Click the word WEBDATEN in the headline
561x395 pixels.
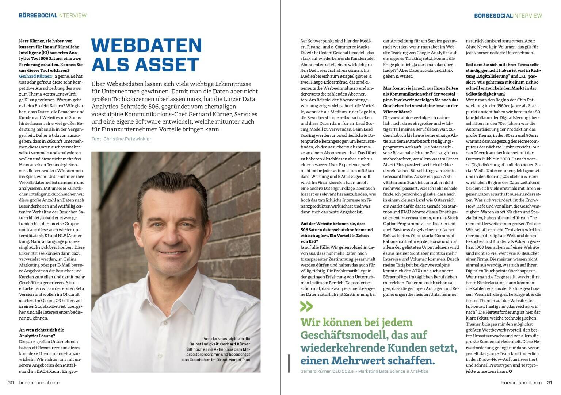[x=146, y=45]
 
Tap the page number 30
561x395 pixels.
[x=11, y=383]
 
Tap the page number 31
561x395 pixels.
[x=549, y=383]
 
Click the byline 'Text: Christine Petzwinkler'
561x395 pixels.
[x=122, y=139]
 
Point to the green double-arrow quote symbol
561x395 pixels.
[x=306, y=306]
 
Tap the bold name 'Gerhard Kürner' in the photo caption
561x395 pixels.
[x=235, y=344]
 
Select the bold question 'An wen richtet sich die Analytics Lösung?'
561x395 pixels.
[x=41, y=333]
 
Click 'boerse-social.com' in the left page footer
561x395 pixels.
[x=39, y=383]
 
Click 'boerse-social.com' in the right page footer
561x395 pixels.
[x=521, y=383]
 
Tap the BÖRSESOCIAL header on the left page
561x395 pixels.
[x=38, y=15]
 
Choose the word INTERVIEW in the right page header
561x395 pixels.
[x=527, y=15]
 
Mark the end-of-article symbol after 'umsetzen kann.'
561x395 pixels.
[x=510, y=371]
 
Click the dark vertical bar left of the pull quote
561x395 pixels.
[x=289, y=363]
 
